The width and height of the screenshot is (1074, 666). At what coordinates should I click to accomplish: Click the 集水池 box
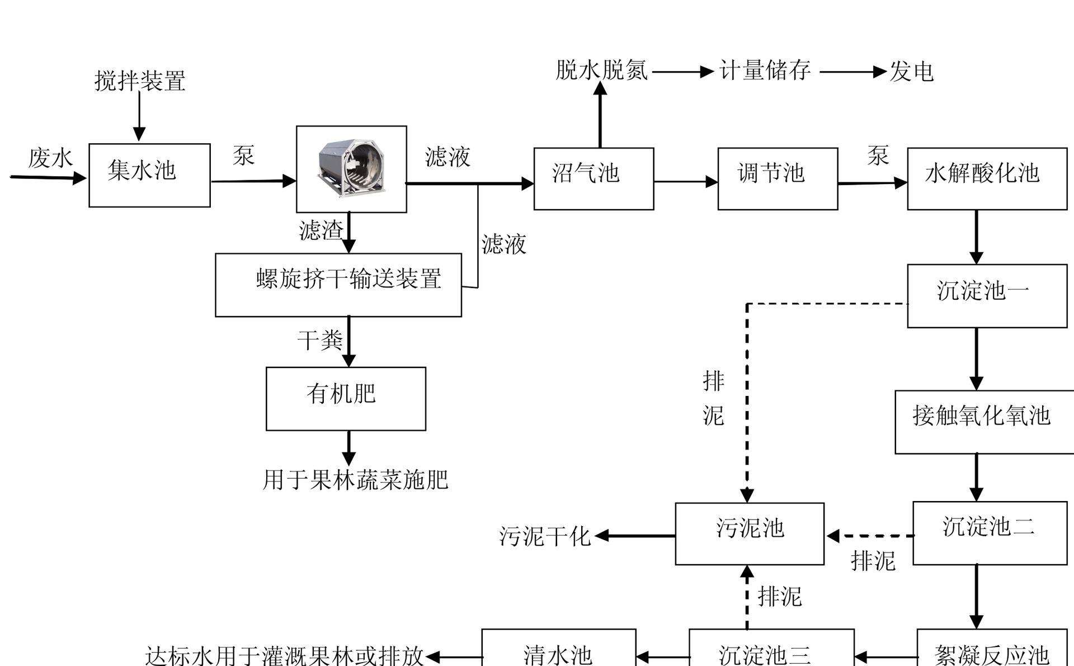pos(149,175)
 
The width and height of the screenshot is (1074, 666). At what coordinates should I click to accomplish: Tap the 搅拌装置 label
pos(140,81)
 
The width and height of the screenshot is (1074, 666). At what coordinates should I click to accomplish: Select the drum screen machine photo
pos(351,169)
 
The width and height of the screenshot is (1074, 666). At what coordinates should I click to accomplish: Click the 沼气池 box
pos(593,178)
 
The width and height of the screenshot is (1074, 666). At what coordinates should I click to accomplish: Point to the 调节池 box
pos(778,178)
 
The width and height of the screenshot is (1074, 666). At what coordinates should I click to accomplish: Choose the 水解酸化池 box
pos(987,178)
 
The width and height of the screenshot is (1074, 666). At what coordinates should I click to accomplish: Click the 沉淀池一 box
pos(987,295)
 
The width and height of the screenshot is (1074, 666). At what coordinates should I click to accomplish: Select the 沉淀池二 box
pos(990,532)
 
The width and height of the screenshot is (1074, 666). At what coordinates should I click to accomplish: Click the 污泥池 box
pos(750,533)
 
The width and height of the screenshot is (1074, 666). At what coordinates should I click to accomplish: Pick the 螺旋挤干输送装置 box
pos(338,285)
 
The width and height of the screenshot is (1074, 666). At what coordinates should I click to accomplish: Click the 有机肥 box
pos(346,398)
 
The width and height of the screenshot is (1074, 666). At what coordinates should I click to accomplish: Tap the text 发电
pos(911,72)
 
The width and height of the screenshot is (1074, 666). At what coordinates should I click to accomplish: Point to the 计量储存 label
pos(764,71)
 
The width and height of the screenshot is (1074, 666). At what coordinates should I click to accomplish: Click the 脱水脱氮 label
pos(601,70)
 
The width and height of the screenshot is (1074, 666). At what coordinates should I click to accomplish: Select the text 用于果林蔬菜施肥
pos(355,480)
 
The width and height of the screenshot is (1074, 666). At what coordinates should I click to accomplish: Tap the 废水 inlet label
pos(50,158)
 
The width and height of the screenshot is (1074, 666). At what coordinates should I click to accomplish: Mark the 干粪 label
pos(319,340)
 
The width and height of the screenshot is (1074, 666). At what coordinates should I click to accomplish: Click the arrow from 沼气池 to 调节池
pos(686,181)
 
